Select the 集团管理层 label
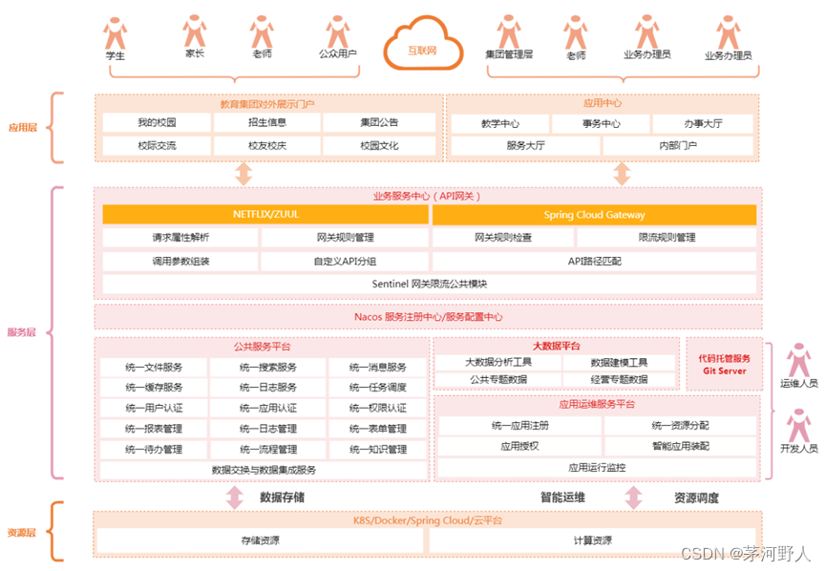pyautogui.click(x=508, y=56)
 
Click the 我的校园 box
pyautogui.click(x=157, y=123)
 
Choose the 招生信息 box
pyautogui.click(x=267, y=123)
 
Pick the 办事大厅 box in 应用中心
pyautogui.click(x=704, y=124)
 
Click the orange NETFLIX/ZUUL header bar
pyautogui.click(x=265, y=215)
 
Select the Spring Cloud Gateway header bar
pyautogui.click(x=594, y=215)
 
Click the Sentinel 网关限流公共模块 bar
pyautogui.click(x=429, y=284)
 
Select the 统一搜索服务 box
pyautogui.click(x=267, y=368)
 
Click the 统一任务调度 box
pyautogui.click(x=377, y=388)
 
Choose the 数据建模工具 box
pyautogui.click(x=619, y=363)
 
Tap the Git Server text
pyautogui.click(x=724, y=370)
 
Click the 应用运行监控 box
pyautogui.click(x=597, y=468)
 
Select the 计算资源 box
pyautogui.click(x=592, y=541)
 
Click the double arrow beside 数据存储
pyautogui.click(x=235, y=497)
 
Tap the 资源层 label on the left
pyautogui.click(x=22, y=533)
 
